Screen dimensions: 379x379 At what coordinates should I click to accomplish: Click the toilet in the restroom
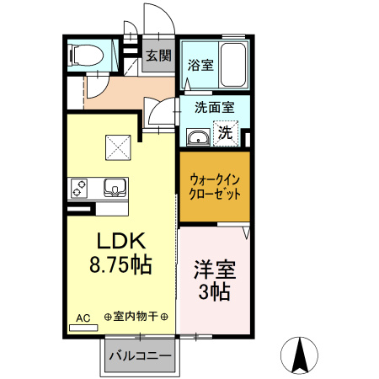[x=84, y=56]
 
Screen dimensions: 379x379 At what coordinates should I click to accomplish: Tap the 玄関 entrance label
[x=157, y=56]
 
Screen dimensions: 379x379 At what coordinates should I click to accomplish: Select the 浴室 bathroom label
[x=200, y=64]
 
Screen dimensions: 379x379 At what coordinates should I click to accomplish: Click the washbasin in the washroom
[x=199, y=137]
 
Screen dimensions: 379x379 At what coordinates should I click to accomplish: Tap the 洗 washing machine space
[x=226, y=132]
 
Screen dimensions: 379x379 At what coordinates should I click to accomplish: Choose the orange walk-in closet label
[x=214, y=185]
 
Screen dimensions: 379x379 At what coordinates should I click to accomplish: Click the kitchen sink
[x=114, y=186]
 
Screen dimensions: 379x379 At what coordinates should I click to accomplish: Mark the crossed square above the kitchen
[x=118, y=149]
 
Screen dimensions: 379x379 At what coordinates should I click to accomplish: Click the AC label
[x=83, y=318]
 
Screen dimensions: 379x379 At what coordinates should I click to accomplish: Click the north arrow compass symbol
[x=299, y=355]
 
